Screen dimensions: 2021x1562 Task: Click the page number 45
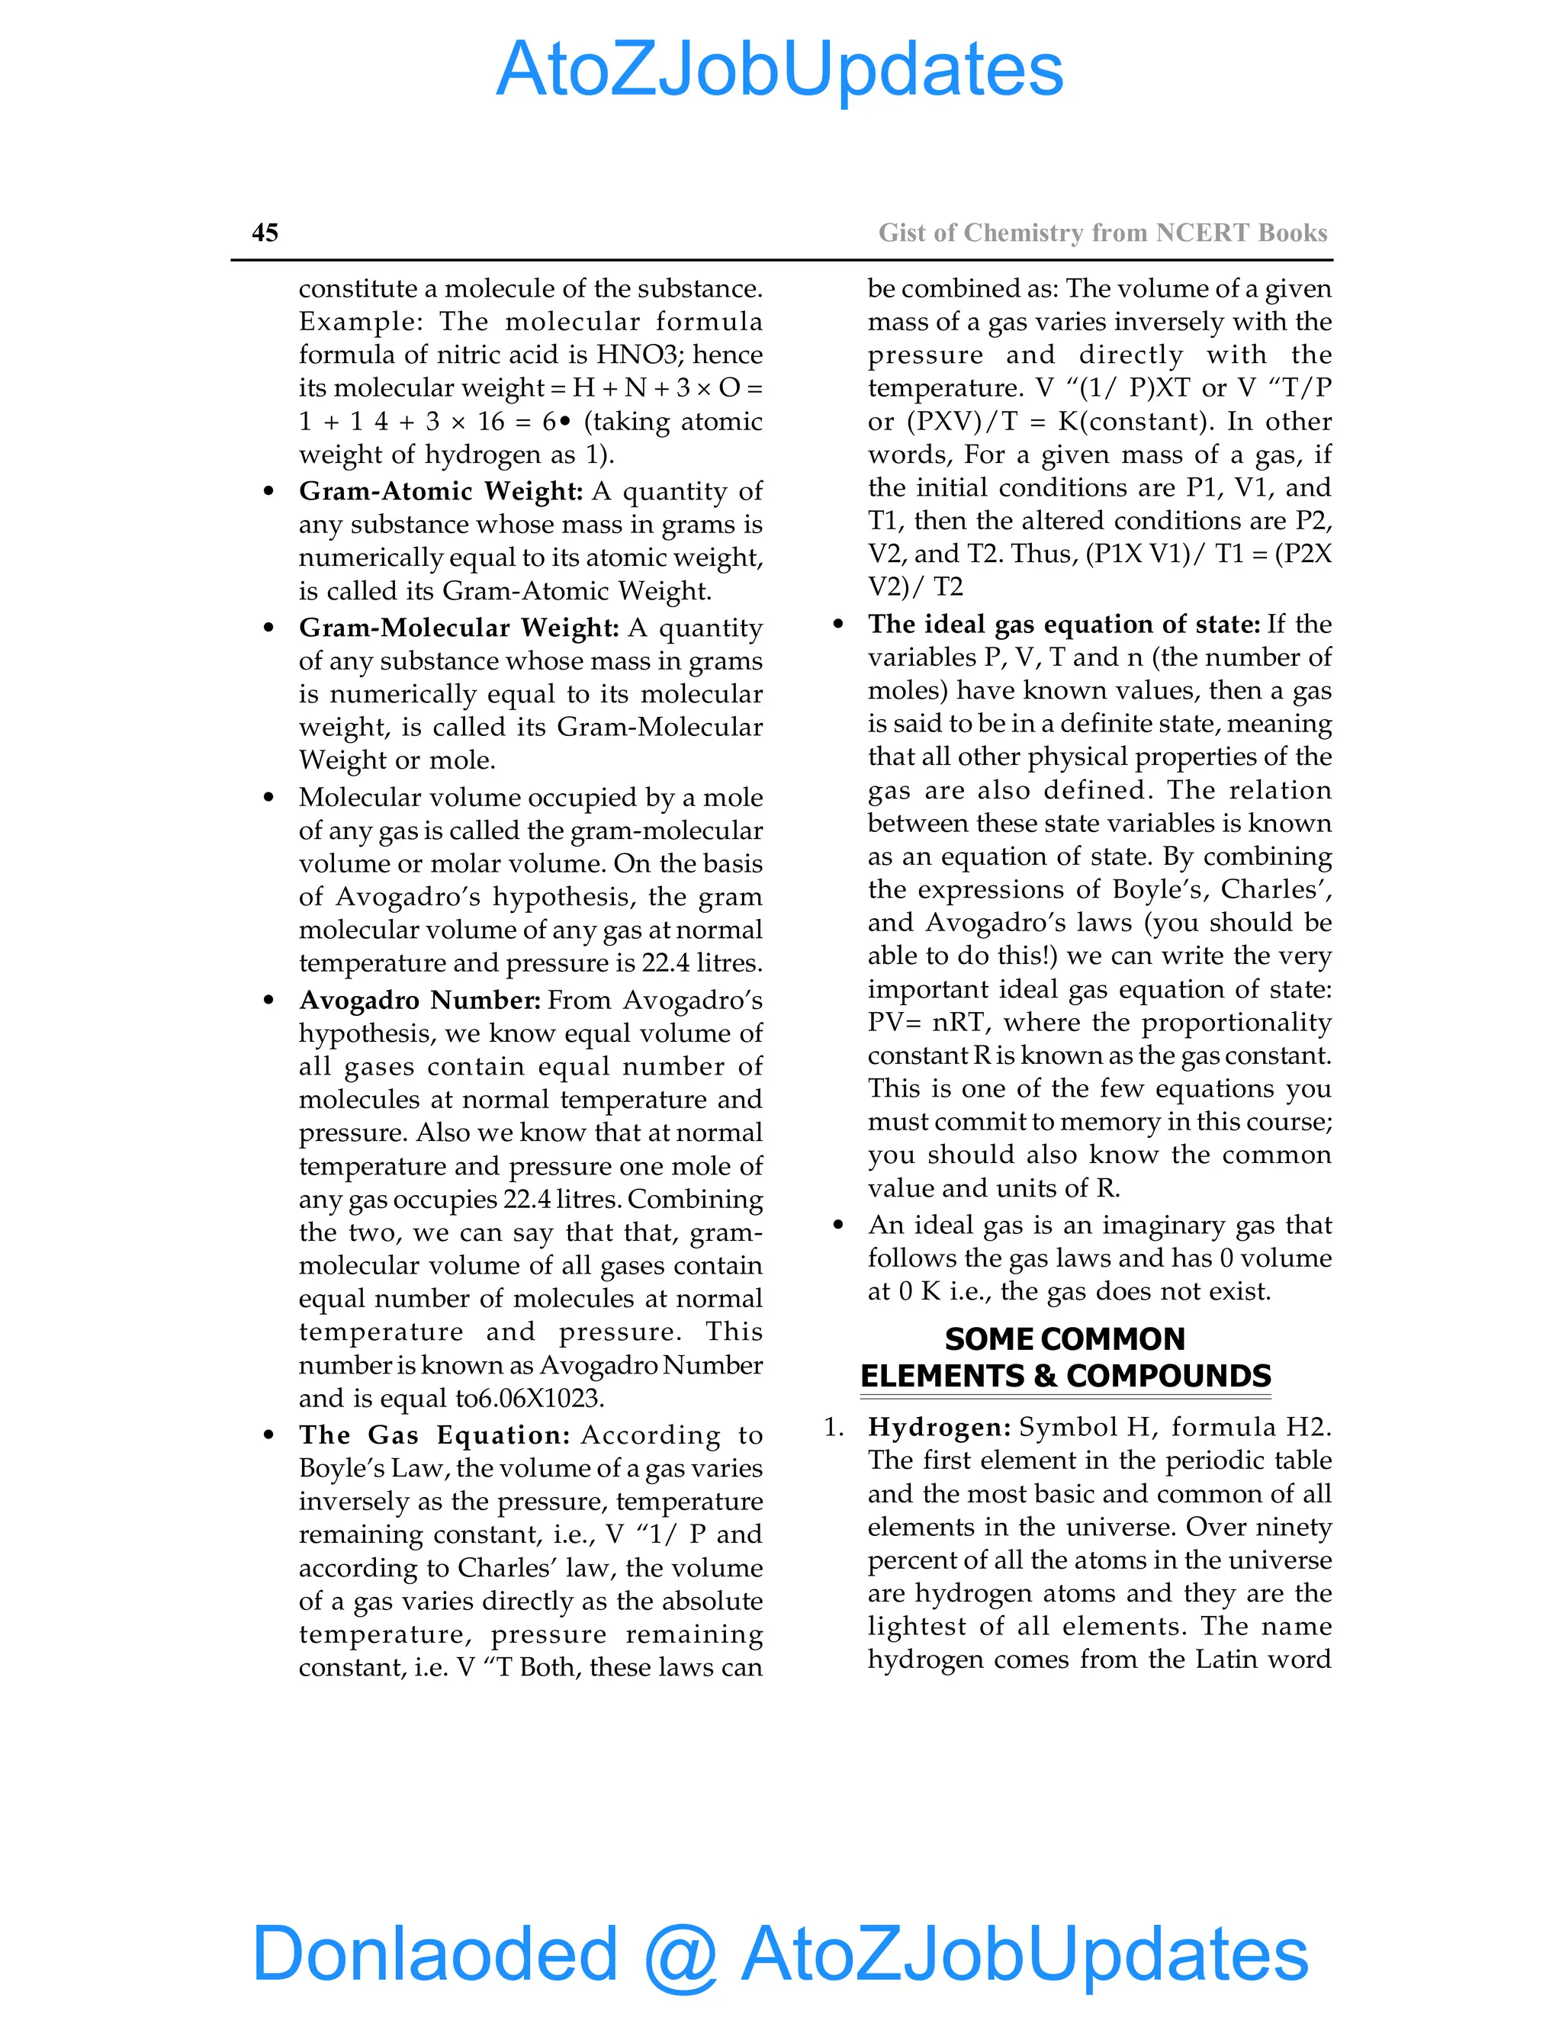tap(265, 233)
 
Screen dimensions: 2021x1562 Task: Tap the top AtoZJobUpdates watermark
tap(779, 69)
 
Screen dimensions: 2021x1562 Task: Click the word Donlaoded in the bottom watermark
tap(434, 1952)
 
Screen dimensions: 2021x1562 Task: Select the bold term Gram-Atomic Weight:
tap(441, 490)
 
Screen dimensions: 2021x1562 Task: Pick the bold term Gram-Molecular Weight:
tap(458, 628)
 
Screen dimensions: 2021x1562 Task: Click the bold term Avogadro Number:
tap(419, 1001)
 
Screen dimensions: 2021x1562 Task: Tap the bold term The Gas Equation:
tap(434, 1435)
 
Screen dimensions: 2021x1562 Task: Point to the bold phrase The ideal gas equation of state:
tap(1063, 624)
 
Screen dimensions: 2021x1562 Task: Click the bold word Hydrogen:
tap(939, 1427)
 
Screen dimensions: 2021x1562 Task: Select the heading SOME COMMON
tap(1064, 1339)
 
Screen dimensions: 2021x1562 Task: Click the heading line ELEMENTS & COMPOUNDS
tap(1065, 1376)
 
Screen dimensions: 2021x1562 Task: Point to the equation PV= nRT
tap(928, 1023)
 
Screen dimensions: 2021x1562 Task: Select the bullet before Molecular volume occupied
tap(268, 798)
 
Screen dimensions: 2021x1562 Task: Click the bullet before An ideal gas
tap(837, 1226)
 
